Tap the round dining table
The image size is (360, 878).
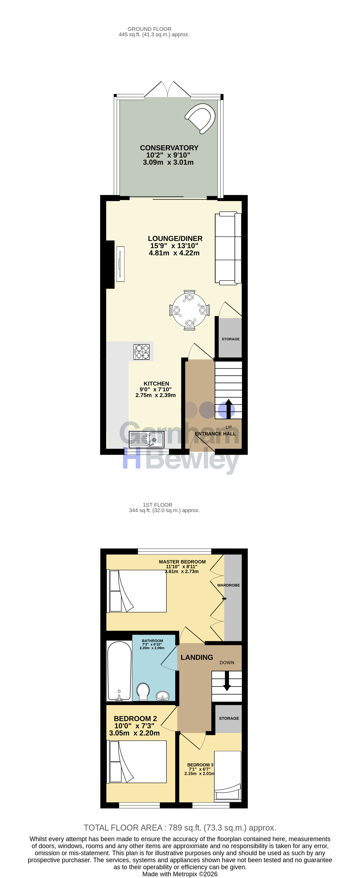[189, 310]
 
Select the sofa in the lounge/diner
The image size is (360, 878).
[228, 248]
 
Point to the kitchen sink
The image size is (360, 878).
[147, 439]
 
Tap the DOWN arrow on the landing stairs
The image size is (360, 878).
[227, 681]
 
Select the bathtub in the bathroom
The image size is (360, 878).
[119, 671]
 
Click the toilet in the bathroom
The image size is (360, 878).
[143, 691]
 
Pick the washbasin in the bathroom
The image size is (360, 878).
[163, 696]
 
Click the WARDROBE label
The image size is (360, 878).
[228, 585]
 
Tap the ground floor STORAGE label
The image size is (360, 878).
[231, 339]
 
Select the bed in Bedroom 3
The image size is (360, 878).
[228, 775]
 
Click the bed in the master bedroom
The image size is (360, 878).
[137, 591]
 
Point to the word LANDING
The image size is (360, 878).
[197, 657]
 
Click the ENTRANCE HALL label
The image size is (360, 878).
[215, 434]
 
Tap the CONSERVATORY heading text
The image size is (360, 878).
[169, 148]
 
